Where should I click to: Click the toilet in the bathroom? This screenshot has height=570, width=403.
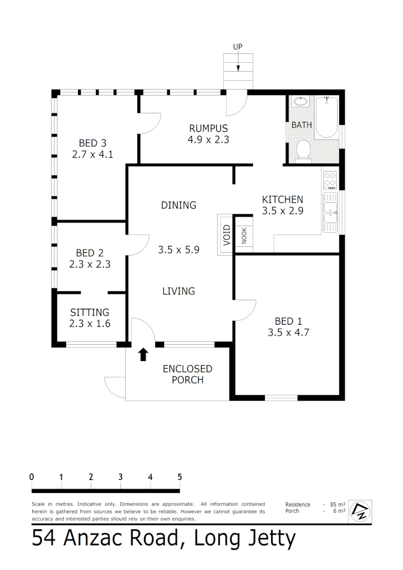pyautogui.click(x=303, y=149)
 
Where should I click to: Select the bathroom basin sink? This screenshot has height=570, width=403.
pyautogui.click(x=300, y=101)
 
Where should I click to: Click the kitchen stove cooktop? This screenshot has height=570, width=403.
pyautogui.click(x=331, y=180)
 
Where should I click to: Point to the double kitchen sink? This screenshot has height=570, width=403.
pyautogui.click(x=331, y=212)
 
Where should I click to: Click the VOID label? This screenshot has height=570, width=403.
pyautogui.click(x=226, y=234)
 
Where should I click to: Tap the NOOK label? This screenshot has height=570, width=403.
pyautogui.click(x=244, y=235)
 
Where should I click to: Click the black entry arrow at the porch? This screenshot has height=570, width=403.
pyautogui.click(x=143, y=354)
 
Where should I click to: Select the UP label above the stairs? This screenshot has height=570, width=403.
pyautogui.click(x=238, y=47)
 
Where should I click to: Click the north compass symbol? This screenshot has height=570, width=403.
pyautogui.click(x=361, y=510)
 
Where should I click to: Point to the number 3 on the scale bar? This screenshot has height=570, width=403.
pyautogui.click(x=121, y=477)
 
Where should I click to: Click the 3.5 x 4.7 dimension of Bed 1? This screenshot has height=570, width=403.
pyautogui.click(x=289, y=332)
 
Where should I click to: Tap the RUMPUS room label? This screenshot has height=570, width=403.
pyautogui.click(x=208, y=128)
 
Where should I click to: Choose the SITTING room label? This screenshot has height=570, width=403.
pyautogui.click(x=90, y=312)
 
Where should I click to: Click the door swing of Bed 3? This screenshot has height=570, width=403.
pyautogui.click(x=149, y=123)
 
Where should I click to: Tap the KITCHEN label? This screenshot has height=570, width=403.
pyautogui.click(x=283, y=199)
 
